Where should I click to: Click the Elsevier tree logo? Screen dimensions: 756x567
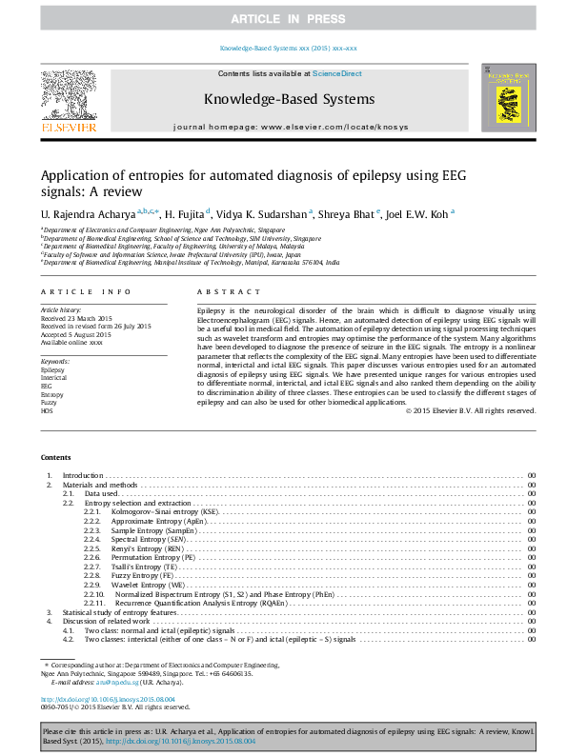(68, 98)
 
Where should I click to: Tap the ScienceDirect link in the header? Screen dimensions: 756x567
(337, 73)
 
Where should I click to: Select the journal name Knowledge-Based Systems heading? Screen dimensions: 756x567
(289, 98)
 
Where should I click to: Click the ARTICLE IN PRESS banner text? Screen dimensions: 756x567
(283, 19)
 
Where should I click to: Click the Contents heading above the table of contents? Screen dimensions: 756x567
(55, 456)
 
